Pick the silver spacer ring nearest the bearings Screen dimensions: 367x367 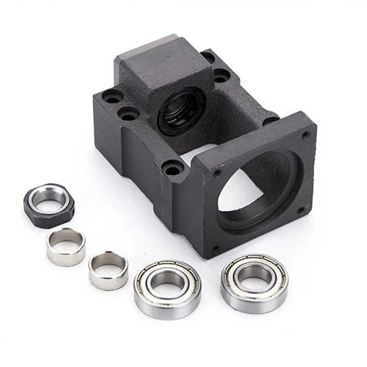tap(108, 270)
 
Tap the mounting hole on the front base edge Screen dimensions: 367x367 tap(172, 170)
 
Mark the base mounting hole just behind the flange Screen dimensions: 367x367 tap(271, 120)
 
